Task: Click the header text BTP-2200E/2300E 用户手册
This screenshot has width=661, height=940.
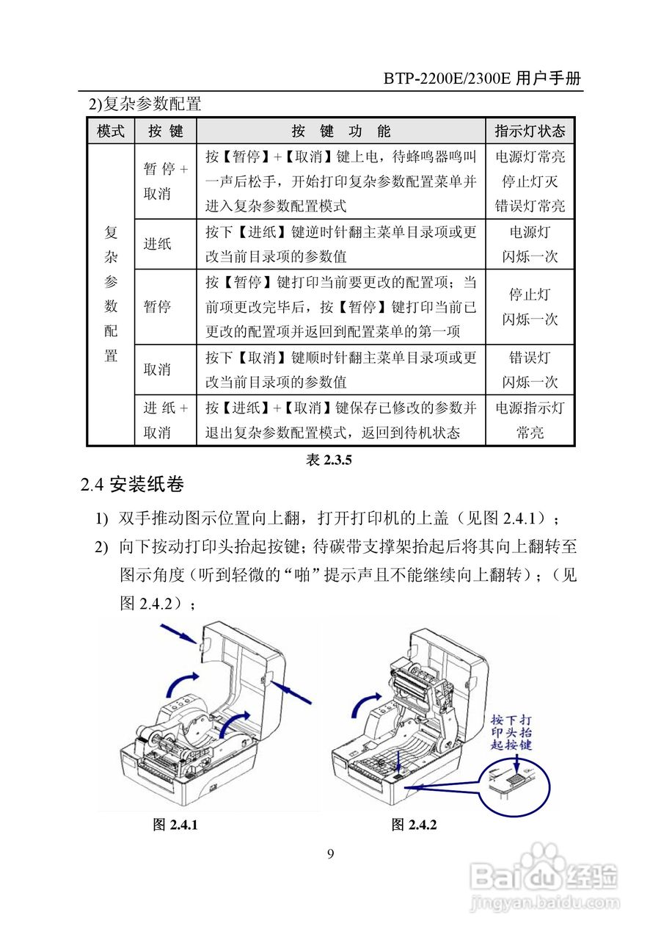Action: pyautogui.click(x=483, y=79)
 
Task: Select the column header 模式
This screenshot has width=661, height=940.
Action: pyautogui.click(x=111, y=131)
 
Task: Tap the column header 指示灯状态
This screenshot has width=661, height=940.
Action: pyautogui.click(x=530, y=131)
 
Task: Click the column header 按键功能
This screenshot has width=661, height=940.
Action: pyautogui.click(x=341, y=131)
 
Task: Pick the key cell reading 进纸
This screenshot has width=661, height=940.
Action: pyautogui.click(x=157, y=244)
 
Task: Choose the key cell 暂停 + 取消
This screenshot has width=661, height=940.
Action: pyautogui.click(x=165, y=181)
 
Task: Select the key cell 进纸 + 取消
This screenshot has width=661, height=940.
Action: pyautogui.click(x=165, y=420)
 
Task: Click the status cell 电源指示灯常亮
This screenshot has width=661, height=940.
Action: pyautogui.click(x=530, y=420)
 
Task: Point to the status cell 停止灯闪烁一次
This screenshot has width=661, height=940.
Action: pyautogui.click(x=530, y=307)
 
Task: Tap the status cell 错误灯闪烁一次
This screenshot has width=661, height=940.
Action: pyautogui.click(x=530, y=369)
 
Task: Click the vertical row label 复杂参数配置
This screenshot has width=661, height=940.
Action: pyautogui.click(x=111, y=294)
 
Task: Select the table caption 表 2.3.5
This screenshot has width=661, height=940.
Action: pyautogui.click(x=329, y=460)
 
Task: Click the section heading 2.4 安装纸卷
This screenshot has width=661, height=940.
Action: pyautogui.click(x=132, y=485)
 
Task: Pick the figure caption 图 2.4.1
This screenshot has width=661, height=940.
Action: pyautogui.click(x=175, y=825)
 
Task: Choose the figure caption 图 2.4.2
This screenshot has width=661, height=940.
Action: pyautogui.click(x=414, y=825)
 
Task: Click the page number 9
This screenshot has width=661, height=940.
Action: pyautogui.click(x=330, y=853)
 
